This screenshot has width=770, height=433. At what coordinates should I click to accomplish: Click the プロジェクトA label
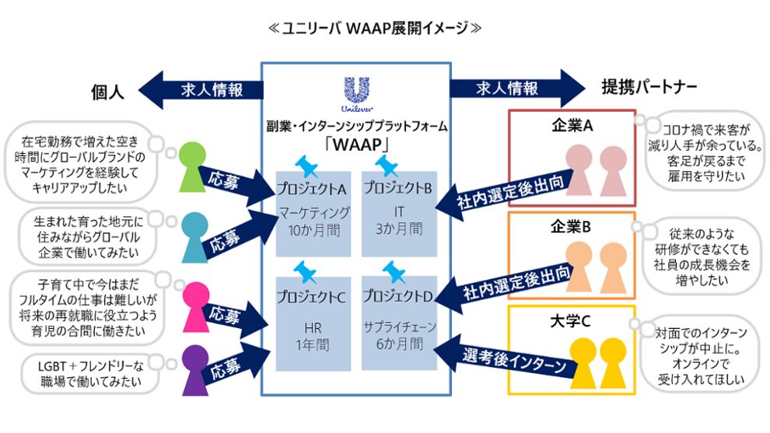[x=311, y=188]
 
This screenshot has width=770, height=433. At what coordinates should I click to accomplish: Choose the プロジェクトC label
[x=311, y=295]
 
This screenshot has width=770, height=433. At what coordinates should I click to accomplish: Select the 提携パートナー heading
[x=649, y=88]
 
